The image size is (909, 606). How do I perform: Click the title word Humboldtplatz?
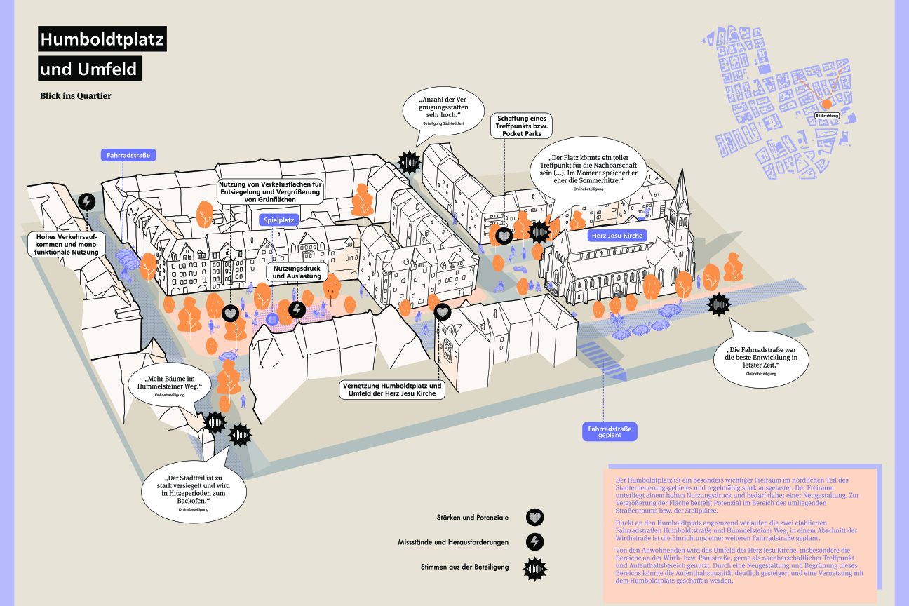click(102, 40)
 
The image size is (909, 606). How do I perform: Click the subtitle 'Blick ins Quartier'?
click(76, 96)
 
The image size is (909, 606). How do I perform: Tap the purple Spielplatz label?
click(279, 220)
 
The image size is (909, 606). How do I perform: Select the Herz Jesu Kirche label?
click(617, 236)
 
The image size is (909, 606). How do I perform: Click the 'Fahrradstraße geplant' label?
click(610, 431)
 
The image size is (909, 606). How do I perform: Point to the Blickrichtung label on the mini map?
click(826, 115)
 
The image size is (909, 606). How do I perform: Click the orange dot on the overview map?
click(826, 103)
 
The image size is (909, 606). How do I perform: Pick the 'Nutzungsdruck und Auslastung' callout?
click(297, 271)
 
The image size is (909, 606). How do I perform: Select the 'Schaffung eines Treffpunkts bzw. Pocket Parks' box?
click(522, 126)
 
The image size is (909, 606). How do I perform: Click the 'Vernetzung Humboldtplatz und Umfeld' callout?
click(392, 390)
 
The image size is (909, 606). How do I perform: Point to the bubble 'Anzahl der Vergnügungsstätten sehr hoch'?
click(443, 111)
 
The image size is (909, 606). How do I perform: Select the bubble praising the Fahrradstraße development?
click(761, 361)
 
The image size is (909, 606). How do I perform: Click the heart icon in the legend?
click(535, 518)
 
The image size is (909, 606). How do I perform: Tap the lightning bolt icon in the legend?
click(535, 542)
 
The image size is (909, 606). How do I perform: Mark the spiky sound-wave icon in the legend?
click(535, 567)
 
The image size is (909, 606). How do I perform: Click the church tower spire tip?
click(681, 170)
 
